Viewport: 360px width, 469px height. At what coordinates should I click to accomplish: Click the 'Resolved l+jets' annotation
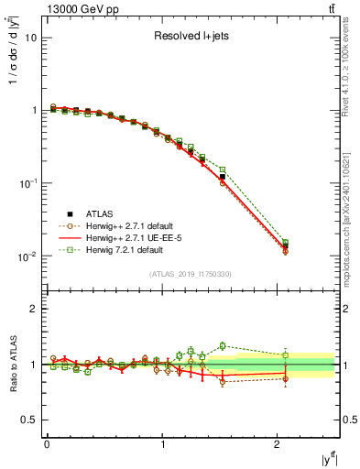[191, 38]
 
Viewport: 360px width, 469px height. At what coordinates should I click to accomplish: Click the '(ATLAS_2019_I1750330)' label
[191, 273]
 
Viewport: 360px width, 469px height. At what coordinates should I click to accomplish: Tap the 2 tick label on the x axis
[278, 444]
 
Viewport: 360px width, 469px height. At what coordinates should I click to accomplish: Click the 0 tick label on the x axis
[46, 444]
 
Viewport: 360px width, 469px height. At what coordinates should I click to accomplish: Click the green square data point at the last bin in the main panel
[285, 243]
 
